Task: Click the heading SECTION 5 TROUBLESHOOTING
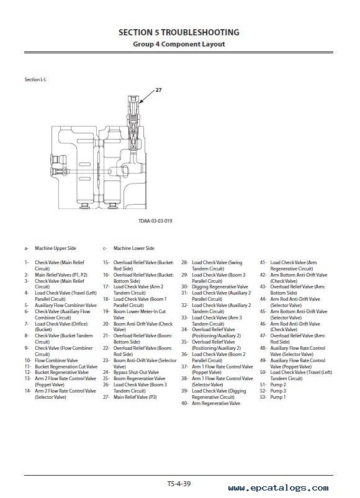(179, 32)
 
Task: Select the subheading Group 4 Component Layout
(179, 44)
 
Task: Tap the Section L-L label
(35, 79)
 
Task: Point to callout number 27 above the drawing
(158, 90)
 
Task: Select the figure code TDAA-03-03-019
(155, 221)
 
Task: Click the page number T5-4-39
(179, 484)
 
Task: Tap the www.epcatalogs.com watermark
(278, 488)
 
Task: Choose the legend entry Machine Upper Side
(56, 248)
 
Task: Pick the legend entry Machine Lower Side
(134, 248)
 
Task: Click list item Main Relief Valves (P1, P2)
(61, 275)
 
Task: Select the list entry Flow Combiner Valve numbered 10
(56, 360)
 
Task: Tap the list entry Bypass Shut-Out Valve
(136, 372)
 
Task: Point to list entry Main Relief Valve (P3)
(135, 397)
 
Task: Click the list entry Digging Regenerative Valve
(220, 287)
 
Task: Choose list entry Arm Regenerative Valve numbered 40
(216, 403)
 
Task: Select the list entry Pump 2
(278, 385)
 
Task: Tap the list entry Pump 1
(278, 397)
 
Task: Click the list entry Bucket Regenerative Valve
(61, 372)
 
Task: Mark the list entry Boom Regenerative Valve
(139, 378)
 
